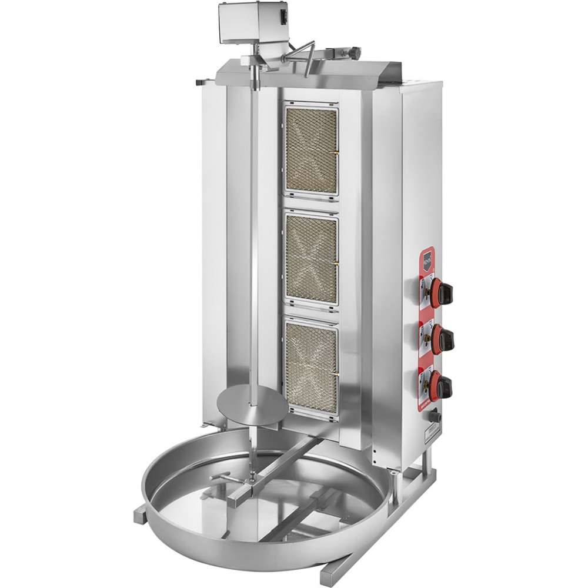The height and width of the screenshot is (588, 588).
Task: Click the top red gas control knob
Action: [442, 289]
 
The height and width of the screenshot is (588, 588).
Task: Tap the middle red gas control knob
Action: [442, 338]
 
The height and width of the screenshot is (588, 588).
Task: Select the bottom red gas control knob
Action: [442, 385]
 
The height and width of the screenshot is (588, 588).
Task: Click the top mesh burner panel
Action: [311, 149]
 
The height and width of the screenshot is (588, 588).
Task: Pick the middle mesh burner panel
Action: [311, 259]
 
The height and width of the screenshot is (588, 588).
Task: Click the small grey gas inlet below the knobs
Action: [435, 415]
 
